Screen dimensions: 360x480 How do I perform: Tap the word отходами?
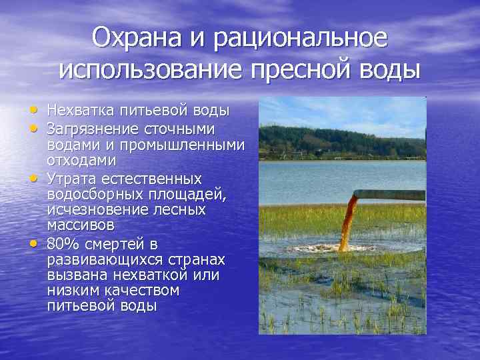(81, 161)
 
